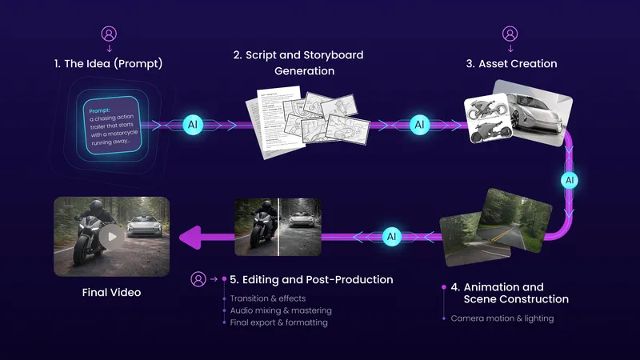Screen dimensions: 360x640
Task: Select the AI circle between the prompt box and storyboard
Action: coord(193,125)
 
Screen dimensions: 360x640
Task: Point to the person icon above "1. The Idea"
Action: coord(108,34)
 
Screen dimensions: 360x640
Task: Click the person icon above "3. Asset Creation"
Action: coord(509,34)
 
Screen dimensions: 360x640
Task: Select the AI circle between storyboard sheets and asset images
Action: coord(419,125)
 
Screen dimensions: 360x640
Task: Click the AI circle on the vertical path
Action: coord(570,180)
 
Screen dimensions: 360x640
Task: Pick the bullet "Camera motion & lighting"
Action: coord(502,318)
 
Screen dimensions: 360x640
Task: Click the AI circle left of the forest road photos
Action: coord(392,237)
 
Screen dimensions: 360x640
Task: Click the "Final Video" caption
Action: coord(111,293)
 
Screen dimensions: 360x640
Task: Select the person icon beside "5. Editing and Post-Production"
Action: coord(198,279)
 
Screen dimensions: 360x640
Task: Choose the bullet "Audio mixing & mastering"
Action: coord(281,310)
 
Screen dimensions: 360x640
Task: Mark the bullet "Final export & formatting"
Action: coord(278,322)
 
